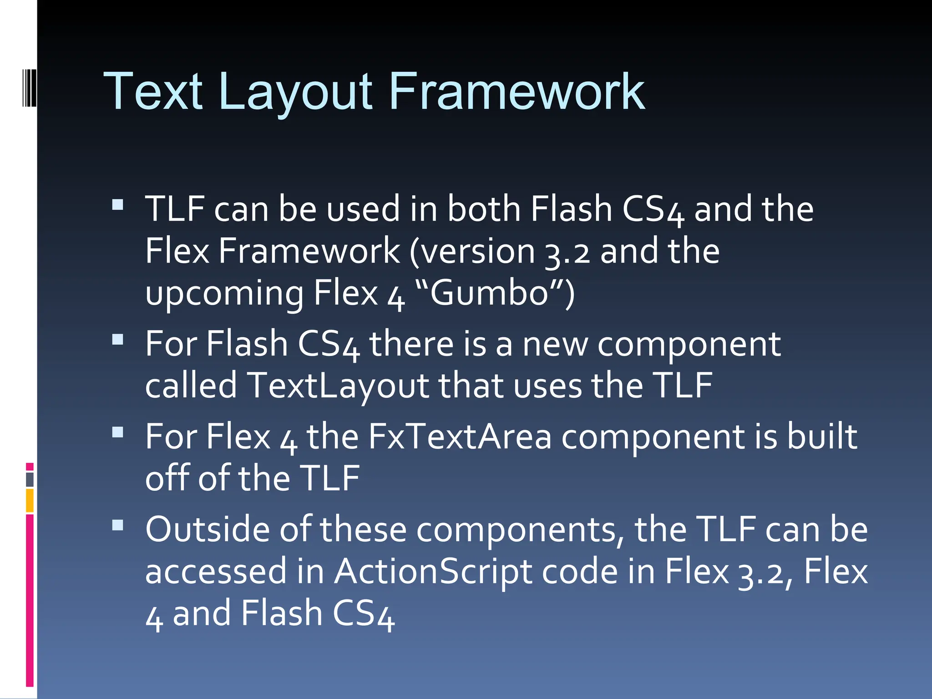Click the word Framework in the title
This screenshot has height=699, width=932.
pyautogui.click(x=517, y=92)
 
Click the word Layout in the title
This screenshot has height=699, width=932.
pyautogui.click(x=295, y=92)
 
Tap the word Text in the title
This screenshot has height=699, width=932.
pyautogui.click(x=153, y=92)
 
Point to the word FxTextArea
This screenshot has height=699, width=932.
pyautogui.click(x=460, y=437)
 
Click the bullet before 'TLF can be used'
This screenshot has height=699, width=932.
pyautogui.click(x=118, y=204)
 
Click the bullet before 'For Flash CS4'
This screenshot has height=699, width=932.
pyautogui.click(x=118, y=339)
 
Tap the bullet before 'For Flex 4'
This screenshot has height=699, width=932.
pyautogui.click(x=118, y=432)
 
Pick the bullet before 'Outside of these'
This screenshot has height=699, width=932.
pyautogui.click(x=118, y=526)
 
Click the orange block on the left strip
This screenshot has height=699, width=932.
pyautogui.click(x=30, y=501)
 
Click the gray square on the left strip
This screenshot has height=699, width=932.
pyautogui.click(x=30, y=480)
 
